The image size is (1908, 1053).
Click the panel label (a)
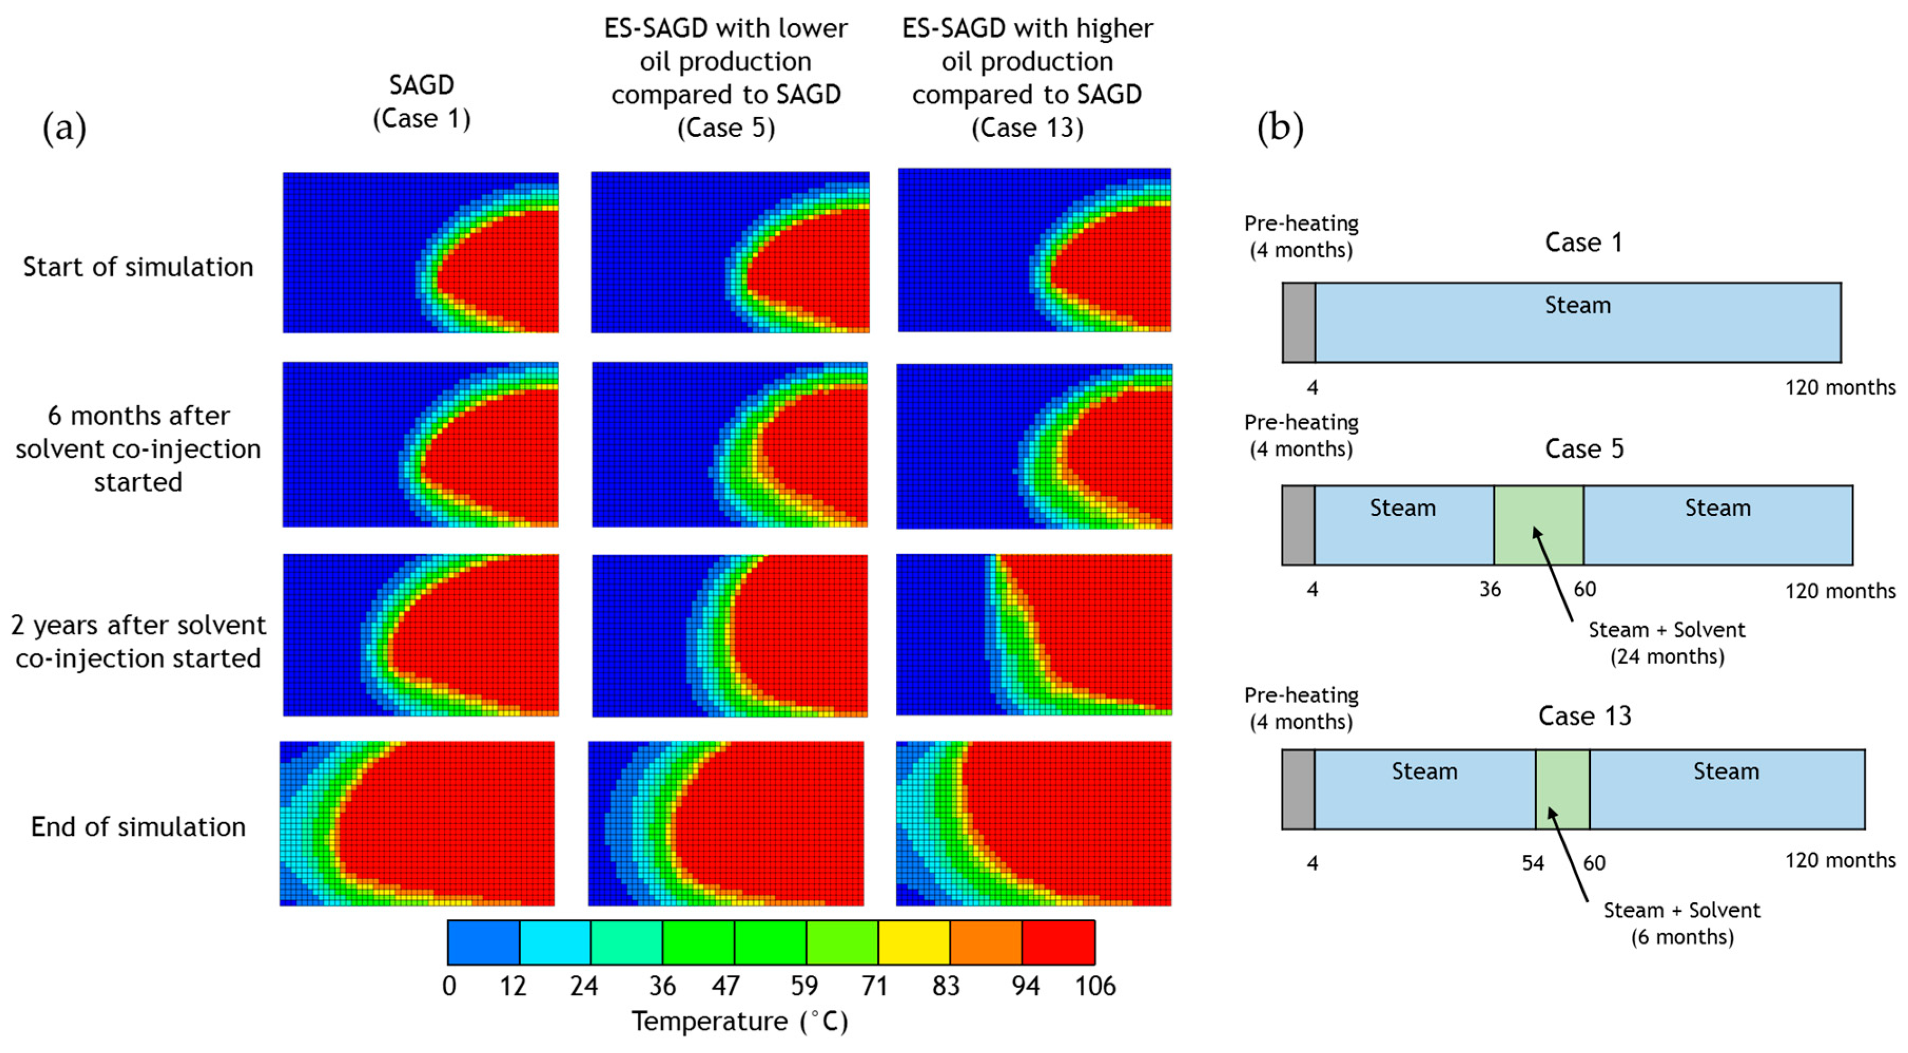coord(64,128)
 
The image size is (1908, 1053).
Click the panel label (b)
coord(1280,128)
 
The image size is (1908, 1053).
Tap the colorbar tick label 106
coord(1095,986)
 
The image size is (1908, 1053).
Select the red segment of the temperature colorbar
coord(1059,942)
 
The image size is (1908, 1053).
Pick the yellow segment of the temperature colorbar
coord(914,942)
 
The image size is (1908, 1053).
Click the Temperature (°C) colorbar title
coord(740,1022)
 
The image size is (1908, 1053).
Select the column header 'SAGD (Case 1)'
coord(422,102)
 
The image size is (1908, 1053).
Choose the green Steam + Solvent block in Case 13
coord(1562,789)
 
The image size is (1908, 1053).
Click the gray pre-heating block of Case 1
coord(1298,323)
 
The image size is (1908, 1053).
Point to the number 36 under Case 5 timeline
coord(1490,590)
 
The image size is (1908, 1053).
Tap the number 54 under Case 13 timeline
coord(1532,863)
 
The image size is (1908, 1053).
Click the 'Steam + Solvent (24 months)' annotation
coord(1667,643)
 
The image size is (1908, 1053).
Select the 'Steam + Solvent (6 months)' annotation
coord(1681,923)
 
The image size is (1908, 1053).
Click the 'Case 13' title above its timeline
coord(1584,716)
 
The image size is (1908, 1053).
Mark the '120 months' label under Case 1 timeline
coord(1840,387)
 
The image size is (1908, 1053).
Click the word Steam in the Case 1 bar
coord(1578,305)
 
